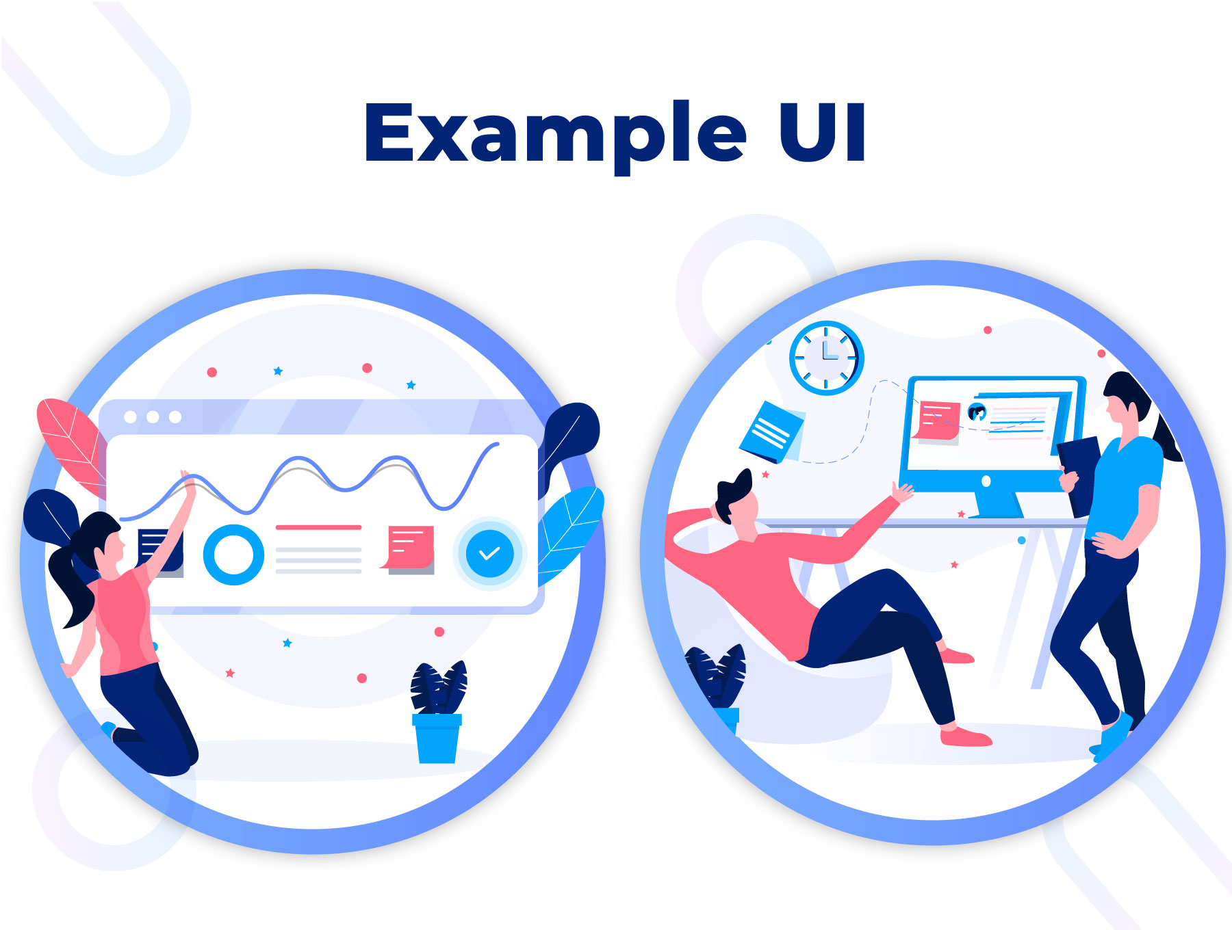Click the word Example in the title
pos(555,135)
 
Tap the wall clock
pos(826,358)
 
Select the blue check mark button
pos(489,553)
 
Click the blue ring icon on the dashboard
pos(233,555)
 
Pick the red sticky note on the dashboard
pos(409,547)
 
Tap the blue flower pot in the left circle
pos(437,738)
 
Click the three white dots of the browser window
pos(153,416)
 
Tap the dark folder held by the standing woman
pos(1079,475)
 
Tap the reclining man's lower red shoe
pos(965,736)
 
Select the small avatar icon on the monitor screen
pos(977,412)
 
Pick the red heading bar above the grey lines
pos(318,527)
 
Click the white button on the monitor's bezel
pos(986,481)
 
